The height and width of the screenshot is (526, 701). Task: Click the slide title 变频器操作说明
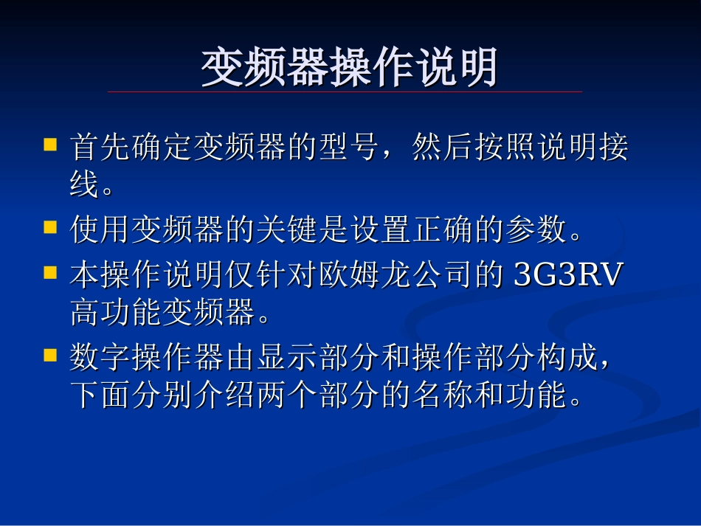tap(350, 68)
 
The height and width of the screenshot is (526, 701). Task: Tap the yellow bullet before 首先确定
tap(50, 143)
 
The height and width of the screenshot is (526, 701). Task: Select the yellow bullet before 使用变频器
tap(50, 226)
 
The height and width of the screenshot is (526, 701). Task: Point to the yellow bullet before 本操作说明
tap(50, 272)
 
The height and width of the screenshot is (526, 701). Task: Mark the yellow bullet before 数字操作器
tap(50, 355)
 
